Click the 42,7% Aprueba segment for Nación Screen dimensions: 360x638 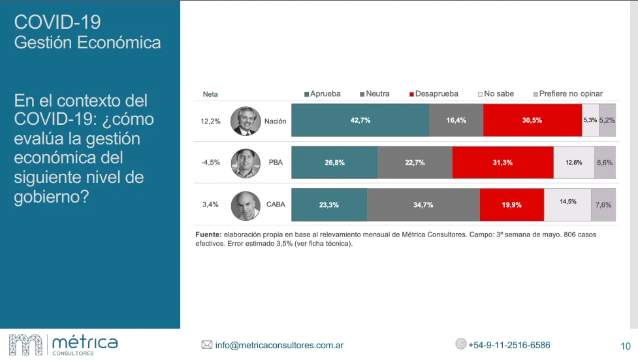tap(360, 120)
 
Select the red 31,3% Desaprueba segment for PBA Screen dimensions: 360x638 tap(503, 163)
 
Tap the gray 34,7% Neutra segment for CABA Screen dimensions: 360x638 tap(423, 205)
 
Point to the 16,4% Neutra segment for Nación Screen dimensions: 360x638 tap(456, 120)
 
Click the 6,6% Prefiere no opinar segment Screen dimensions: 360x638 tap(604, 163)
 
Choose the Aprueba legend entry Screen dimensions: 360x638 tap(323, 93)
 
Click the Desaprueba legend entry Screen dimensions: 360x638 tap(434, 93)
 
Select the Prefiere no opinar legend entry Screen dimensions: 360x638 tap(567, 93)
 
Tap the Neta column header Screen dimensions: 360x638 tap(210, 94)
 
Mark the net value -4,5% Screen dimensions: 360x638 tap(210, 163)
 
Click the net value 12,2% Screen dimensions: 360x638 tap(210, 121)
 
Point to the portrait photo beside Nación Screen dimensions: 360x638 tap(246, 121)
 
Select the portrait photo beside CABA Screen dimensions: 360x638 tap(246, 205)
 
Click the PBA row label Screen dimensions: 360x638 tap(275, 163)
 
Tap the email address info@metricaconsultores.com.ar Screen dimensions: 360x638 tap(279, 345)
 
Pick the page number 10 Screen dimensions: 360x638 tap(625, 346)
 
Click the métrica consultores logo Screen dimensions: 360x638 tap(63, 344)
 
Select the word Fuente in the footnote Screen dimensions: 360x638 tap(208, 235)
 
